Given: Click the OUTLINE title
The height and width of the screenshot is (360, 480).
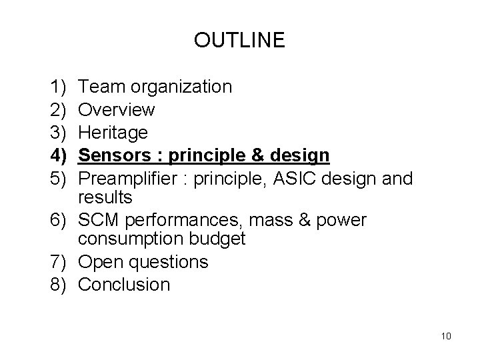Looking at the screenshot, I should coord(239,41).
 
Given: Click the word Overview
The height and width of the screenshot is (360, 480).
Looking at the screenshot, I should coord(117,109).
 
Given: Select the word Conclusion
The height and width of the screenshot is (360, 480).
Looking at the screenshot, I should coord(125,285).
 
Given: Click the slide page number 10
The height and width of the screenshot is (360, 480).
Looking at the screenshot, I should coord(446,335).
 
